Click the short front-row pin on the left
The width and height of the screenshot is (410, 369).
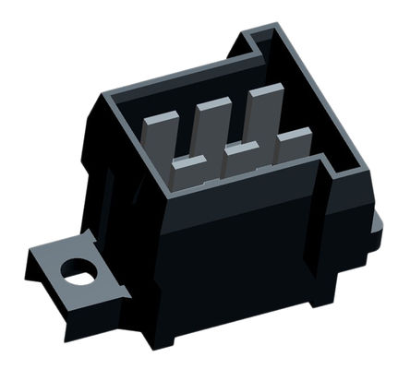point(188,172)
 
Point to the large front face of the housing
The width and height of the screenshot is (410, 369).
point(231,268)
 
